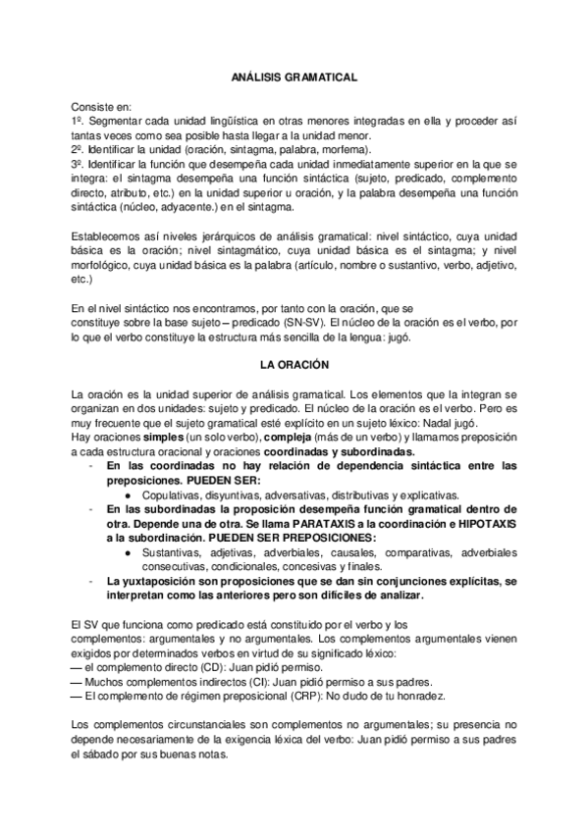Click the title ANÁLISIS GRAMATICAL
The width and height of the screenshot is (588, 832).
coord(294,75)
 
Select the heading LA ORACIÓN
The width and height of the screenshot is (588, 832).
coord(294,364)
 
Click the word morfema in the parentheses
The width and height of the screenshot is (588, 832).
coord(345,150)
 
